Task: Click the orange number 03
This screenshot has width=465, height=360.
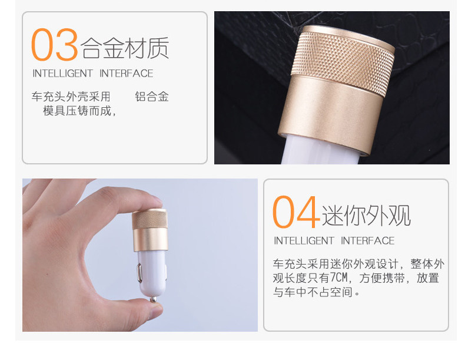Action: [54, 45]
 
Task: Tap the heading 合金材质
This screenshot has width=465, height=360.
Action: [125, 48]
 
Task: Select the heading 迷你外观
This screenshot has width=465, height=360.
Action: [366, 215]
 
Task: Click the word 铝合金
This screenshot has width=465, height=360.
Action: [152, 97]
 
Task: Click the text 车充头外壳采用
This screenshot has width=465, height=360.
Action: [71, 97]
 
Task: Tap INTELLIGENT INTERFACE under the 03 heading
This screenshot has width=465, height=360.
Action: [92, 74]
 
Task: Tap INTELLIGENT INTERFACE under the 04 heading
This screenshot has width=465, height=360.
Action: [334, 240]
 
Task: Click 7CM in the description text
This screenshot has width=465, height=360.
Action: [337, 278]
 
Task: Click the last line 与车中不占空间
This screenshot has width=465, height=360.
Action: [315, 292]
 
